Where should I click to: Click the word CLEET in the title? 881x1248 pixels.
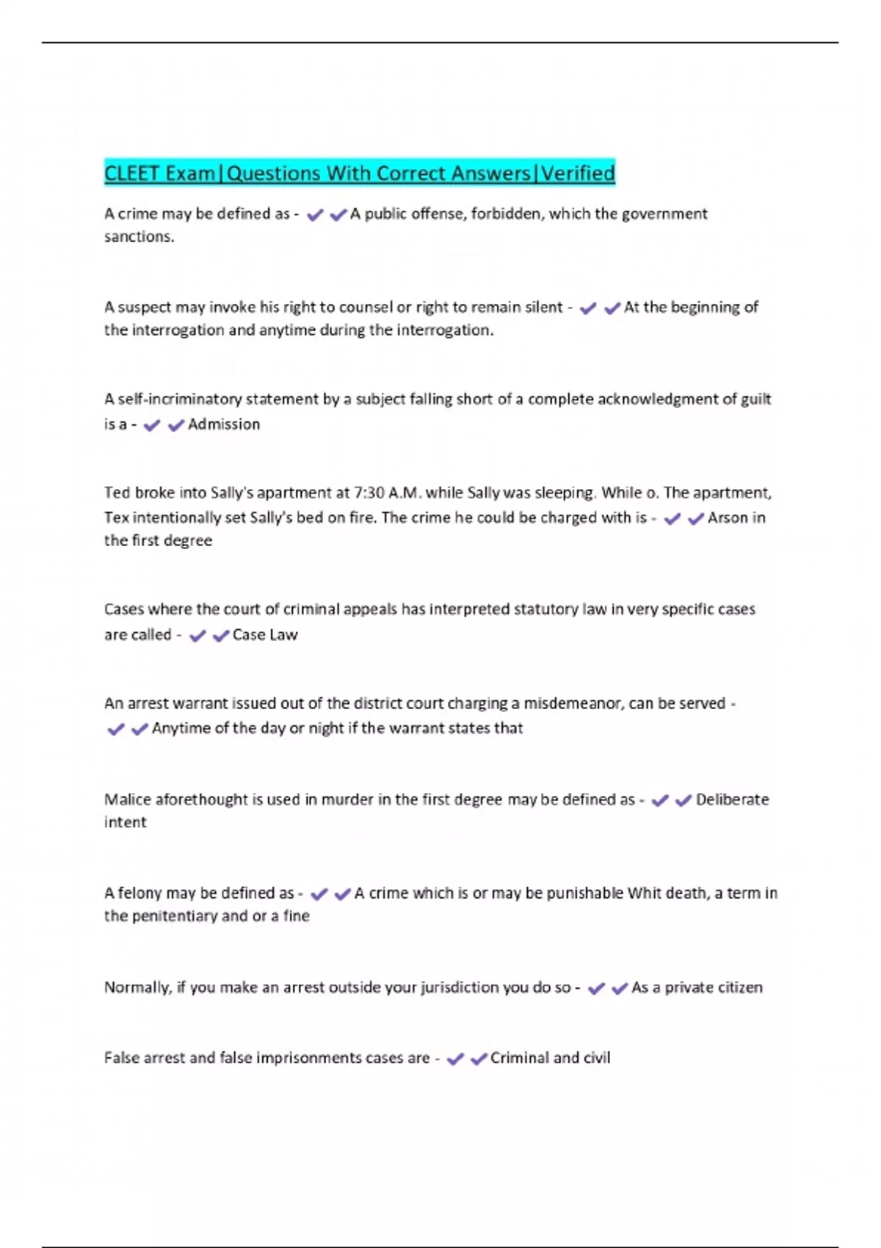[131, 173]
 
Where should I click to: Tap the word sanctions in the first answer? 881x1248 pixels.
[138, 236]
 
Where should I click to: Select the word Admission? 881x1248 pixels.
[224, 424]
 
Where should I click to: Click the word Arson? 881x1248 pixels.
[726, 518]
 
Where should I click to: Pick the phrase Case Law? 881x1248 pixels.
[265, 635]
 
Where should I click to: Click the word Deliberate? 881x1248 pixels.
[732, 799]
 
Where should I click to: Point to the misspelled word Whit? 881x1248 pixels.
[645, 893]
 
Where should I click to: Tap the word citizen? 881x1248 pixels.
[739, 987]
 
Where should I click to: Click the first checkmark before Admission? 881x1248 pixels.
[152, 426]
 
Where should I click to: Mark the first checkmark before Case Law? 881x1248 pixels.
[197, 636]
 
